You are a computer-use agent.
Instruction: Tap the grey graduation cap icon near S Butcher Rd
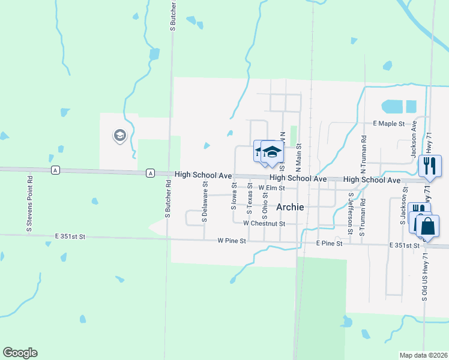tap(119, 136)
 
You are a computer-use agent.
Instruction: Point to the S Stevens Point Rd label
tap(28, 203)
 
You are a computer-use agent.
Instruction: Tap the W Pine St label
tap(232, 241)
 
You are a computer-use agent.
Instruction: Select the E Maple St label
tap(390, 124)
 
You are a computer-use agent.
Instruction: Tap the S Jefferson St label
tap(351, 213)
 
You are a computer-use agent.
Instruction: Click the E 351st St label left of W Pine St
tap(70, 237)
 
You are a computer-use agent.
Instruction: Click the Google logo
tap(20, 353)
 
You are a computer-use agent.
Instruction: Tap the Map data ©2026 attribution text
tap(423, 355)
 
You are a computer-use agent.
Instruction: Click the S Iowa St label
tap(234, 196)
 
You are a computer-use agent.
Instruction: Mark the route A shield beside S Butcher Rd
tap(150, 173)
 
